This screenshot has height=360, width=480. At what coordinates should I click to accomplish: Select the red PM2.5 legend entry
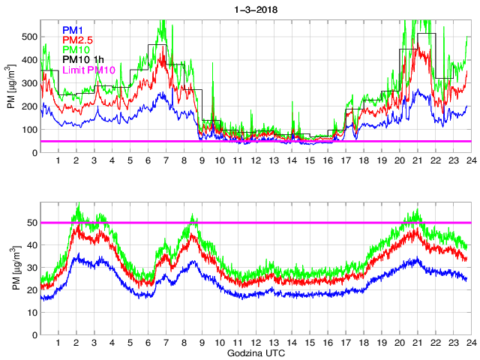coord(79,40)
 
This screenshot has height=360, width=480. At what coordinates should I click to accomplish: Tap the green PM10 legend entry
coord(76,49)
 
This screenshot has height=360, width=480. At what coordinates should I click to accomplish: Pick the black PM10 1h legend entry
coord(82,59)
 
